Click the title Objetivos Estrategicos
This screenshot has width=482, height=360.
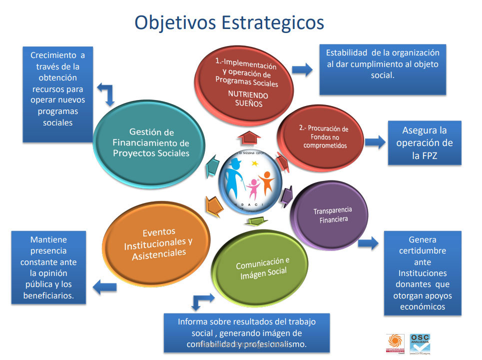(229, 23)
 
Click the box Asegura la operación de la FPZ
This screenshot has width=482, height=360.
(424, 143)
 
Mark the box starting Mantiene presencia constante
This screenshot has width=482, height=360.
(48, 267)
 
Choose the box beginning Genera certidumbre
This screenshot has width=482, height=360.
(423, 273)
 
